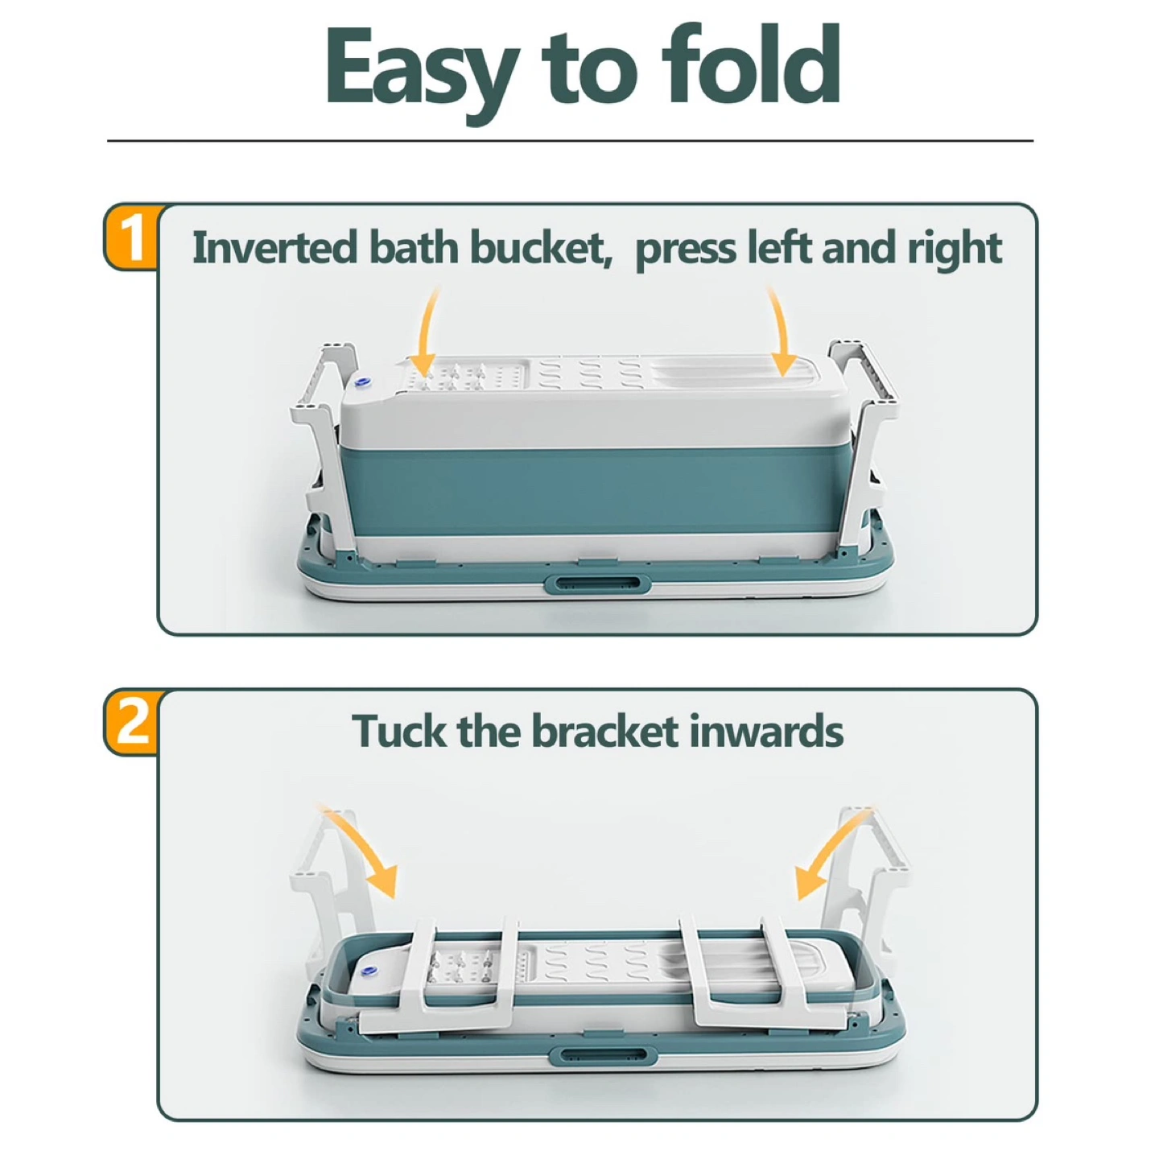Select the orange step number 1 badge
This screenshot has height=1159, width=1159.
132,237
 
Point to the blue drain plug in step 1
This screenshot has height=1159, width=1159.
363,382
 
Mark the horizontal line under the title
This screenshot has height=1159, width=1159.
570,142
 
